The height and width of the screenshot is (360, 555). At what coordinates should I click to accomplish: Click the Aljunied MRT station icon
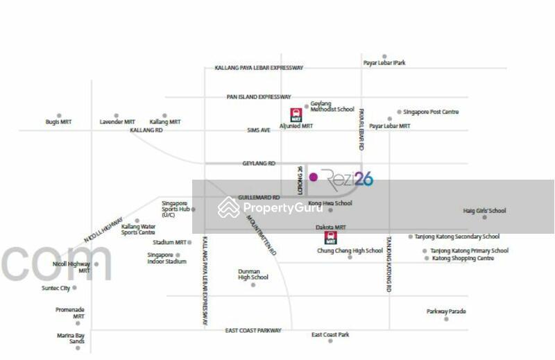(x=296, y=114)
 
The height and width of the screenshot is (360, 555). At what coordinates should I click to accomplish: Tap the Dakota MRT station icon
(x=331, y=238)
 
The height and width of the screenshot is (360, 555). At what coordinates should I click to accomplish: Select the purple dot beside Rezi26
(x=314, y=177)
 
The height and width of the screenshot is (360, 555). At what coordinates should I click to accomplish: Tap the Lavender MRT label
(x=116, y=122)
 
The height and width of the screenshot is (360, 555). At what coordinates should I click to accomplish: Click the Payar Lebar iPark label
(x=384, y=63)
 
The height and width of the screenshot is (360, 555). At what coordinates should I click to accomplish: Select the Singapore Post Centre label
(x=431, y=112)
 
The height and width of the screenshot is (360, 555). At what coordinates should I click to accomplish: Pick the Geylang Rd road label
(x=259, y=163)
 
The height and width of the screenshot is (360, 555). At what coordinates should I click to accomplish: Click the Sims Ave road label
(x=259, y=130)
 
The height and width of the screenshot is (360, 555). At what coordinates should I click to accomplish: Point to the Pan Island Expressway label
(x=259, y=97)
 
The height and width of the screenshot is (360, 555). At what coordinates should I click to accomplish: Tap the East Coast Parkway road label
(x=253, y=331)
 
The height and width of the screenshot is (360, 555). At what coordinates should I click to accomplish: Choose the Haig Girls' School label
(x=485, y=211)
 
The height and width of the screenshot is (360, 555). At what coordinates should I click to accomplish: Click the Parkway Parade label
(x=446, y=311)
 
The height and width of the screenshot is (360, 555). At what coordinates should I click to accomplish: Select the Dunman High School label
(x=253, y=275)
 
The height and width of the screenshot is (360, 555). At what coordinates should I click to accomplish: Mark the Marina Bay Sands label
(x=71, y=338)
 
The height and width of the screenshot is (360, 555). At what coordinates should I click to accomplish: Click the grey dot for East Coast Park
(x=330, y=341)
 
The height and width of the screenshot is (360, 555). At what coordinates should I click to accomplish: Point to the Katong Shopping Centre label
(x=463, y=258)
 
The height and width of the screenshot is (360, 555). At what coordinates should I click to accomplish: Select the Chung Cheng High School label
(x=350, y=251)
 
